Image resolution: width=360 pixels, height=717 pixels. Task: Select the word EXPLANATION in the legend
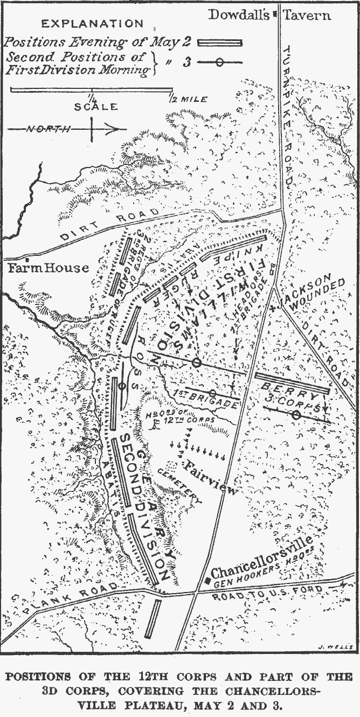pos(93,24)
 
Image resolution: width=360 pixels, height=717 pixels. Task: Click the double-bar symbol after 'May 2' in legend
pos(220,42)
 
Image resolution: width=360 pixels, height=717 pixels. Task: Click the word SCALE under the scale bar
pos(96,106)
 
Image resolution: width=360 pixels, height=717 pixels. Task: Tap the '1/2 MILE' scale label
pos(187,100)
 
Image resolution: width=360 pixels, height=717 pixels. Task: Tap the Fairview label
pos(211,478)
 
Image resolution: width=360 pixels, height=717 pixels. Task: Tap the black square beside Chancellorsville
pos(208,580)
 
